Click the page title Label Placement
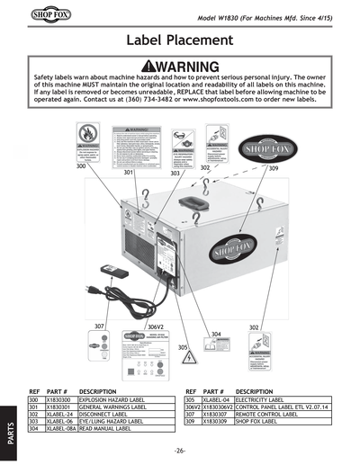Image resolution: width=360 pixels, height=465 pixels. tap(179, 41)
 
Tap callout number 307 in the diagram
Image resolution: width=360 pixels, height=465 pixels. tap(100, 326)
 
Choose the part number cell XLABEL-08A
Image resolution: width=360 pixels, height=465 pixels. tap(60, 430)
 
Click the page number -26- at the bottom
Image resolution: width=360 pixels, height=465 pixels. tap(180, 450)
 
